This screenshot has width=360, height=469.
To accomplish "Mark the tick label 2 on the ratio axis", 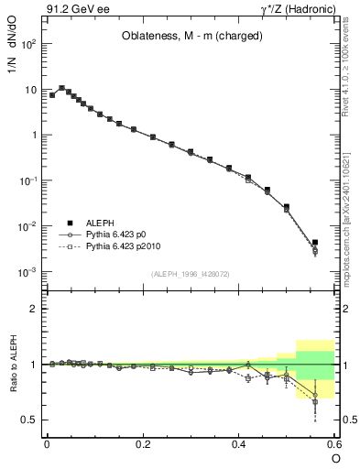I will click(x=33, y=309).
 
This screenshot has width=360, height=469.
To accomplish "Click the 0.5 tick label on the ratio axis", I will click(x=28, y=420).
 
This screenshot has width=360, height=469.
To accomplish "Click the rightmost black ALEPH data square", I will click(x=315, y=243).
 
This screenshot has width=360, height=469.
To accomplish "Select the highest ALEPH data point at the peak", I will click(x=61, y=88).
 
